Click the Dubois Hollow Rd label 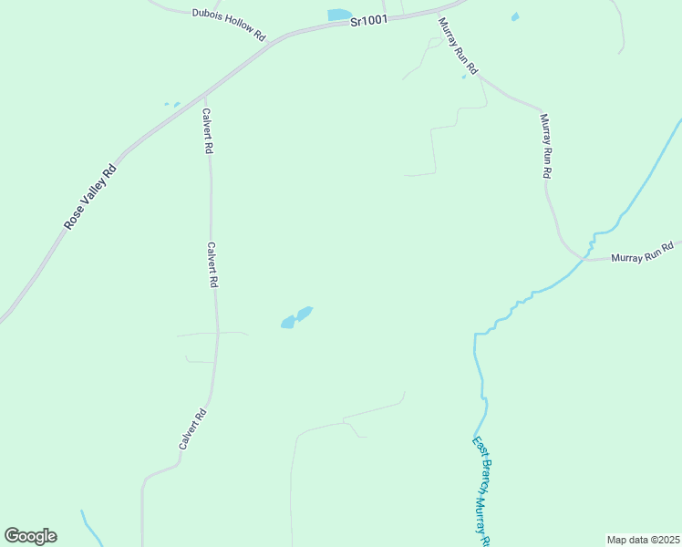click(x=228, y=25)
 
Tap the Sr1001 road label click(x=369, y=20)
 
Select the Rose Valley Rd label click(x=91, y=196)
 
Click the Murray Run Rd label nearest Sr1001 click(x=458, y=46)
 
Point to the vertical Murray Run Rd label click(x=545, y=146)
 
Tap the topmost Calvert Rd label click(x=208, y=129)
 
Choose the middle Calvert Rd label click(x=212, y=264)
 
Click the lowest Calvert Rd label click(x=192, y=428)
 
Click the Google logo click(x=30, y=536)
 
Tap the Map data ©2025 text click(x=643, y=540)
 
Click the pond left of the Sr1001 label click(x=339, y=15)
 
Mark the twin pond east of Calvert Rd click(x=296, y=317)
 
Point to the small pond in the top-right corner click(x=515, y=16)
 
